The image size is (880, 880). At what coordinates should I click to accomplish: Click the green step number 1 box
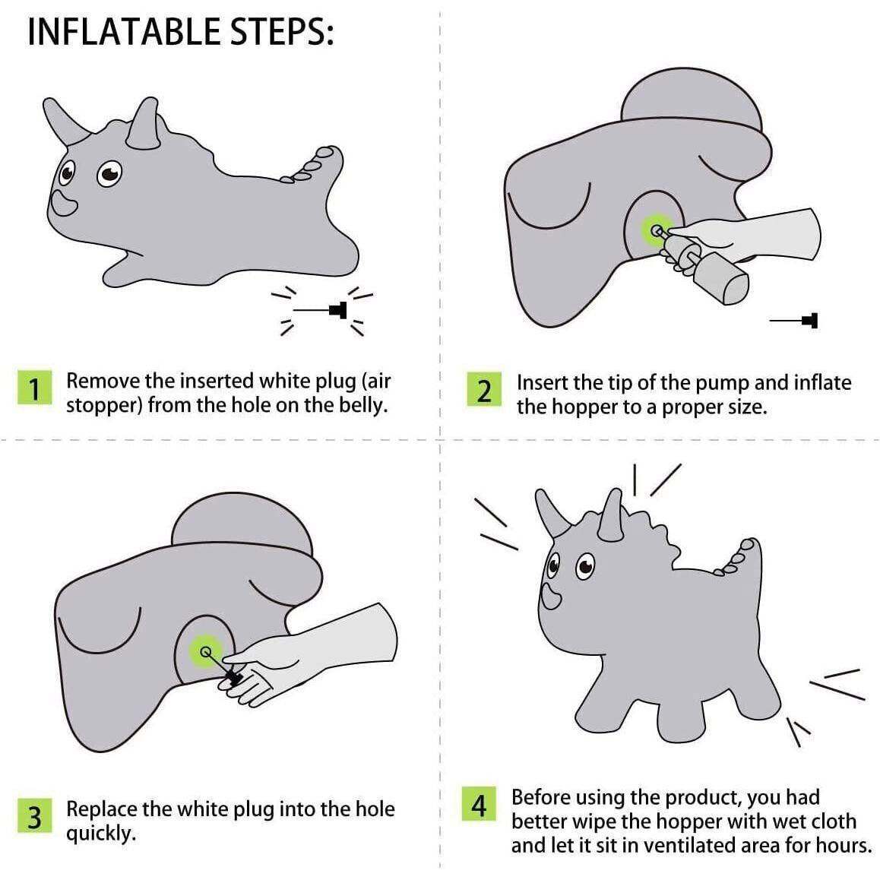coord(34,388)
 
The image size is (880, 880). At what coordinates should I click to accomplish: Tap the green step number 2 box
coord(484,389)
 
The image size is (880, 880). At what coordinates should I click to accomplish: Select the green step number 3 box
coord(34,815)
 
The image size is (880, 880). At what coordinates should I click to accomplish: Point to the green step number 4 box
coord(479,804)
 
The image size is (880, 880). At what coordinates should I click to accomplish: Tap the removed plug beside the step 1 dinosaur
coord(321,310)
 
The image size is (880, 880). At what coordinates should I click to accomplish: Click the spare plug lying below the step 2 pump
coord(793,321)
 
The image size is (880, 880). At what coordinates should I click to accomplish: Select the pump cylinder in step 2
coord(721,278)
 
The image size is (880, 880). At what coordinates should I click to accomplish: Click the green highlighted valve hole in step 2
coord(657,229)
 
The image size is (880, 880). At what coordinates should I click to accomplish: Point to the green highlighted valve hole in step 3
coord(205,651)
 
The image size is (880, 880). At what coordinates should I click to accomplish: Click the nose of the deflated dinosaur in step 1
coord(63,203)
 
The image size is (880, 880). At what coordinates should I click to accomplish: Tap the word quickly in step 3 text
coord(101,834)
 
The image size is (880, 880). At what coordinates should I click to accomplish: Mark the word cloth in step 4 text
coord(829,821)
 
